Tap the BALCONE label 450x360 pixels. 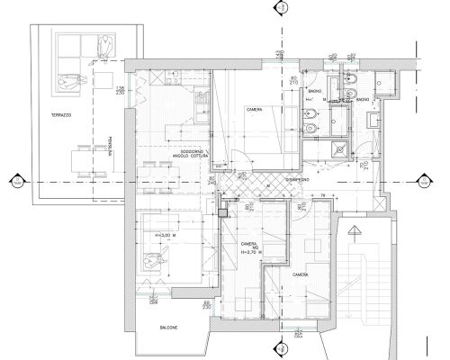coord(163,328)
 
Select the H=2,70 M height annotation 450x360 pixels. coord(249,254)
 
